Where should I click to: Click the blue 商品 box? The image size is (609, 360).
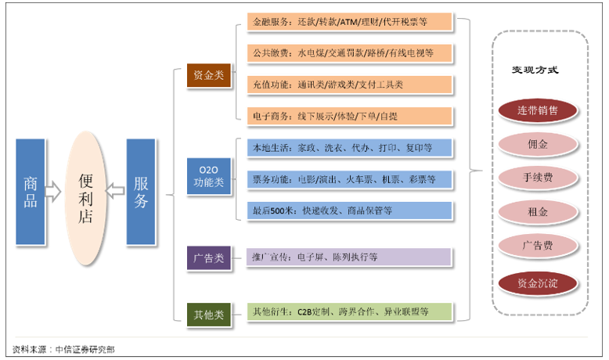(30, 192)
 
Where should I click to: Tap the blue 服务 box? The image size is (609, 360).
(141, 192)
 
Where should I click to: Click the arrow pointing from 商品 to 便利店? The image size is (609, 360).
(53, 191)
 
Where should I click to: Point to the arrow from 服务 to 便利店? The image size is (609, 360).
(115, 191)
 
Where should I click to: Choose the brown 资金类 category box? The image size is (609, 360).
(209, 75)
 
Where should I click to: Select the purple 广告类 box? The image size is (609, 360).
(209, 257)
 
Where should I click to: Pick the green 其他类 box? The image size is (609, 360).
(209, 315)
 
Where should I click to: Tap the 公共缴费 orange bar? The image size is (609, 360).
(349, 53)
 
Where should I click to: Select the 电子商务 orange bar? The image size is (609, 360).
(349, 116)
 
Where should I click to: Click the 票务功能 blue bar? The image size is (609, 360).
(349, 180)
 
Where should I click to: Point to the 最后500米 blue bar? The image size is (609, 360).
(349, 211)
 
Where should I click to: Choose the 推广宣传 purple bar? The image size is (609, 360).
(349, 257)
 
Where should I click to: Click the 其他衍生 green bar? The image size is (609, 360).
(349, 311)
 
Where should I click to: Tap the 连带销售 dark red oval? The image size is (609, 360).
(538, 110)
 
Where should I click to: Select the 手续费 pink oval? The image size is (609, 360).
(538, 177)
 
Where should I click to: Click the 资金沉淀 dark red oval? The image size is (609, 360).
(538, 283)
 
